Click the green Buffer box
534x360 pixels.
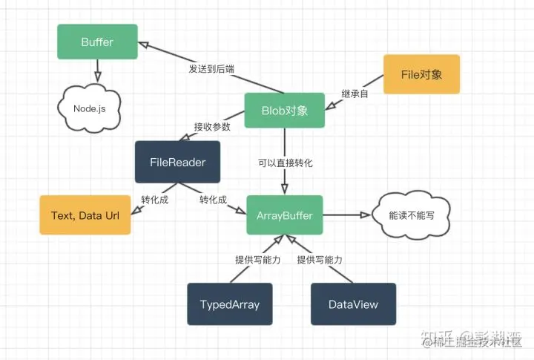(97, 42)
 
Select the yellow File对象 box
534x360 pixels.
(421, 75)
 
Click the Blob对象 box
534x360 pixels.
(285, 111)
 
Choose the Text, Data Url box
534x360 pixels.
(85, 215)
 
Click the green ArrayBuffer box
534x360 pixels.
(285, 215)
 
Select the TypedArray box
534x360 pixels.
(229, 304)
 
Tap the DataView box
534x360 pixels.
(353, 304)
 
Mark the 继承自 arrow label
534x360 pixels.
(355, 94)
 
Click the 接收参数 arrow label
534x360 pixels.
(212, 126)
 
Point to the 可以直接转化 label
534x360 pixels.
(286, 162)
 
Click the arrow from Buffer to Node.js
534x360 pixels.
(96, 73)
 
